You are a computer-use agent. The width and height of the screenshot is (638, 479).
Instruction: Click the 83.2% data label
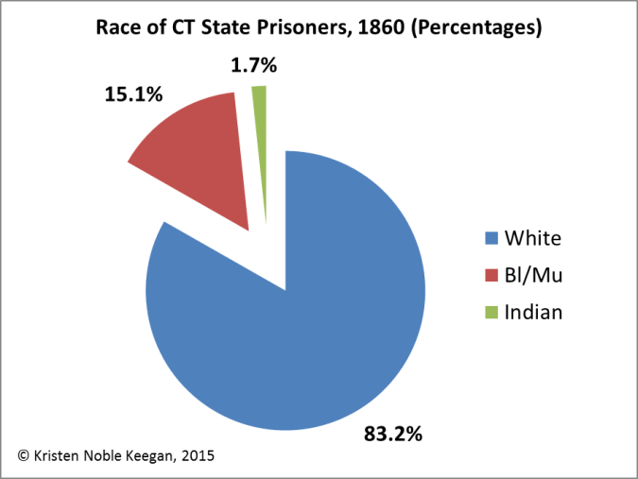pos(393,435)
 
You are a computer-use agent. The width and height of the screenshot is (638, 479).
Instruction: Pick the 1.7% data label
pos(252,66)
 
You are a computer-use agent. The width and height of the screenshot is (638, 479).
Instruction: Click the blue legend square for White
pos(491,236)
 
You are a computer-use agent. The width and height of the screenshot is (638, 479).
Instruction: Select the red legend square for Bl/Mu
pos(491,275)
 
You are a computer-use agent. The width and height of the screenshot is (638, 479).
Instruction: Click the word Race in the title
pos(118,28)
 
